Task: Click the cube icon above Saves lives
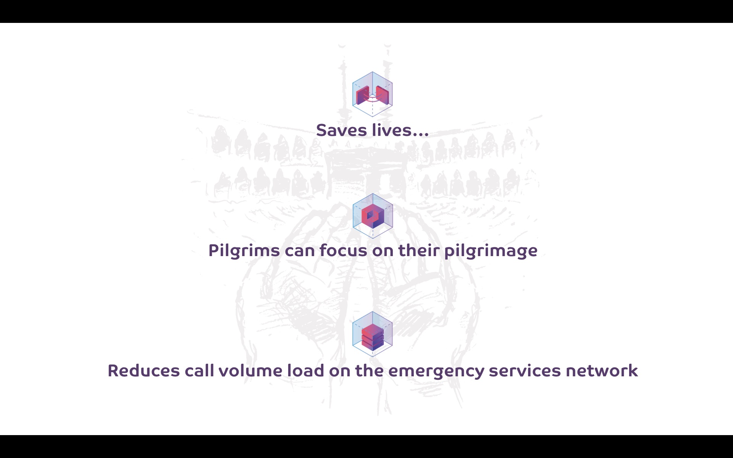[372, 94]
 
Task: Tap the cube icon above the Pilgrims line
[372, 216]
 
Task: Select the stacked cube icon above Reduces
[372, 334]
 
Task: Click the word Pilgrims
[244, 251]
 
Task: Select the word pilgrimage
[491, 251]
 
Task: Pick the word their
[418, 250]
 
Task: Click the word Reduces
[143, 371]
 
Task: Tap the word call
[199, 371]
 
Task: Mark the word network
[602, 371]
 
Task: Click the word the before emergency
[369, 371]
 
